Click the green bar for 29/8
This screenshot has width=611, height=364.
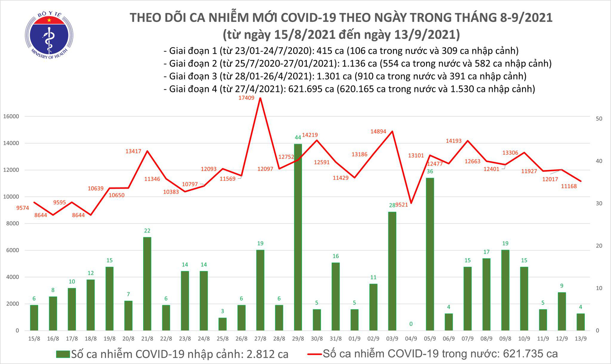(298, 237)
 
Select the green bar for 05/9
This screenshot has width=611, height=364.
(430, 254)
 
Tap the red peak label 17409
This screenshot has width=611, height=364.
(246, 98)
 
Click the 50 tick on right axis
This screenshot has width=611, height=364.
(599, 119)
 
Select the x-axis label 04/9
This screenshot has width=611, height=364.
(411, 339)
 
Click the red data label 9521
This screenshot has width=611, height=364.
(401, 205)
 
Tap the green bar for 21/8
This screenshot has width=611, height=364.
(147, 284)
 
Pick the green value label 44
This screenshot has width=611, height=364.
(298, 138)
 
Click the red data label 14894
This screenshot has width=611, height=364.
(378, 131)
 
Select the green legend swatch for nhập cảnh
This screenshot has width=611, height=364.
(63, 354)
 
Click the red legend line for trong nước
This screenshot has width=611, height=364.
(314, 354)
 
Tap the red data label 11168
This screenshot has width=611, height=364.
(569, 186)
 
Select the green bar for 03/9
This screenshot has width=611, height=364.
(392, 271)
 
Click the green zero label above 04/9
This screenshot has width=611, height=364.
(411, 324)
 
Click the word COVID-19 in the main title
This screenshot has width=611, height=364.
(308, 18)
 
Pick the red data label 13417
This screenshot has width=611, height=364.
(133, 151)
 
